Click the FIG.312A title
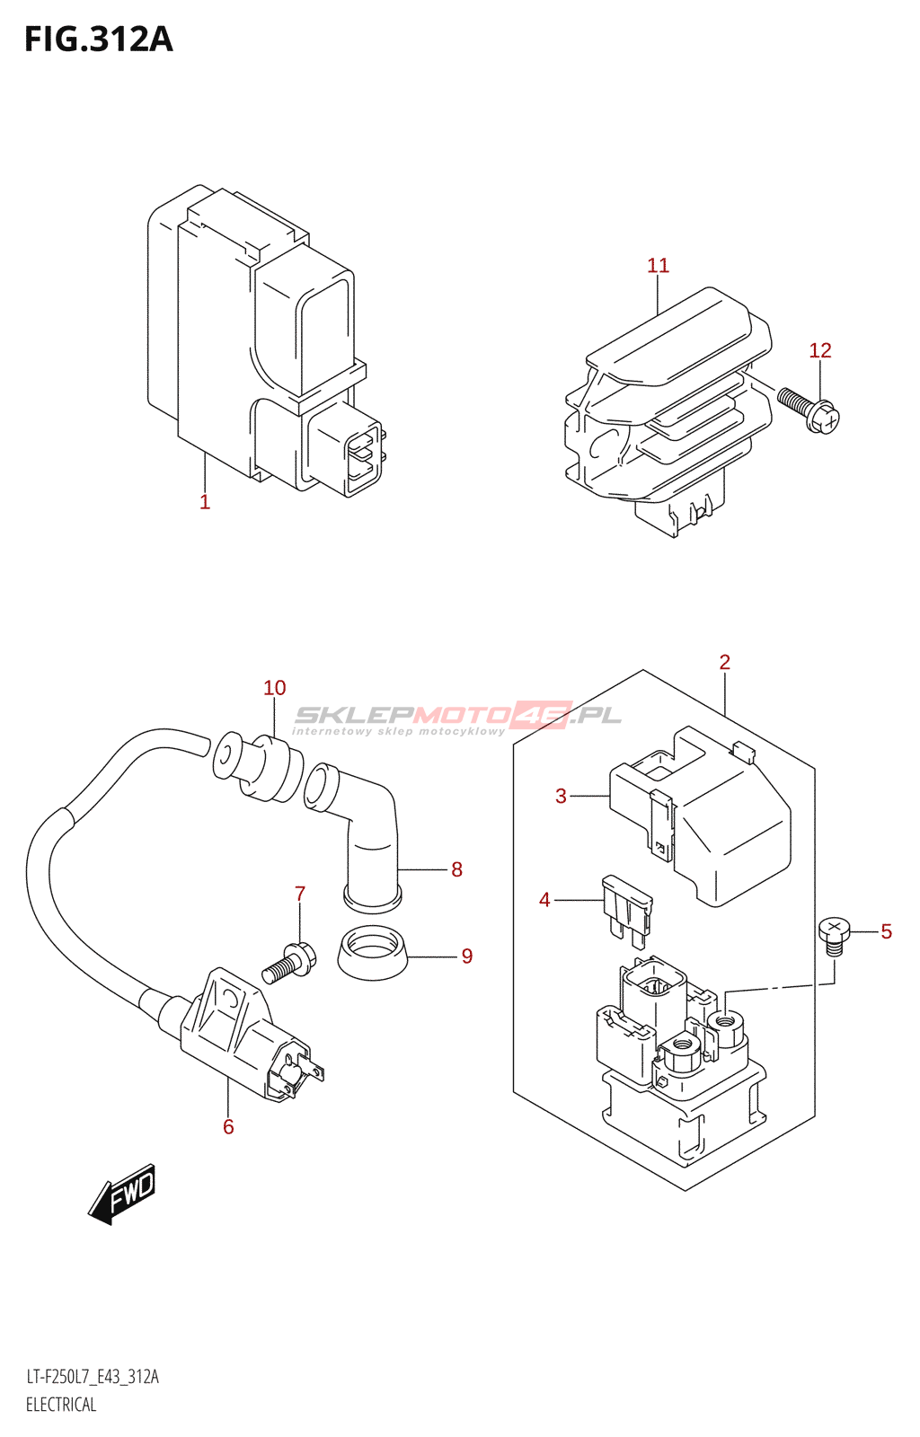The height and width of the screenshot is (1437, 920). pyautogui.click(x=99, y=40)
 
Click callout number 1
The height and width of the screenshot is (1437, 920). pyautogui.click(x=205, y=502)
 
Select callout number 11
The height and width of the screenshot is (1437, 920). pyautogui.click(x=658, y=266)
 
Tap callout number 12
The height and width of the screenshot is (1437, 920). pyautogui.click(x=819, y=350)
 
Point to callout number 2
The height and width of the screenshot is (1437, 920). pyautogui.click(x=724, y=663)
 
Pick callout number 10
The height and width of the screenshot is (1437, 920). pyautogui.click(x=274, y=688)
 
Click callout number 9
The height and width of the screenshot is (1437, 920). pyautogui.click(x=466, y=956)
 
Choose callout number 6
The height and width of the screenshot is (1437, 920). pyautogui.click(x=228, y=1126)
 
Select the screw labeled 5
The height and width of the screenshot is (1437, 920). pyautogui.click(x=834, y=934)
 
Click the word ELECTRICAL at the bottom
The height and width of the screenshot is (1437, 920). pyautogui.click(x=61, y=1405)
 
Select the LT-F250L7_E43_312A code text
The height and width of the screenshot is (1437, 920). pyautogui.click(x=93, y=1377)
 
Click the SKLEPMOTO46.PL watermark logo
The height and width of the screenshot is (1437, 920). pyautogui.click(x=457, y=718)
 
